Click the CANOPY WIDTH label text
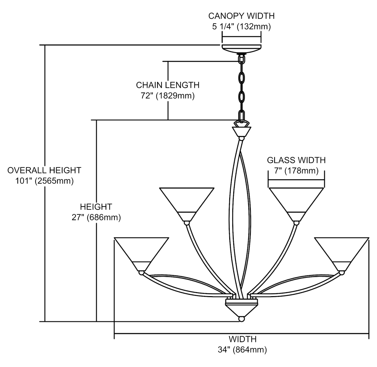[x=241, y=16]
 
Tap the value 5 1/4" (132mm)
[x=241, y=27]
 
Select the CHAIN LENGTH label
[x=168, y=85]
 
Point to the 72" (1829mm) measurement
[x=168, y=96]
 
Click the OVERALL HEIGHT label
[x=44, y=170]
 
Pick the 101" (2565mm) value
[x=44, y=181]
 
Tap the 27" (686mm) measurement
[x=96, y=217]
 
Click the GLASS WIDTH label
[x=296, y=160]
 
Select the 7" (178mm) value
[x=296, y=171]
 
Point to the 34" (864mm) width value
[x=242, y=350]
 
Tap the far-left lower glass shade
[x=141, y=253]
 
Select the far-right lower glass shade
[x=342, y=253]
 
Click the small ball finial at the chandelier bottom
[x=242, y=319]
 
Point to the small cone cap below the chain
[x=242, y=131]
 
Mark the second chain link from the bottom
[x=242, y=97]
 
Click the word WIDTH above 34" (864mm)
[x=242, y=339]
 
